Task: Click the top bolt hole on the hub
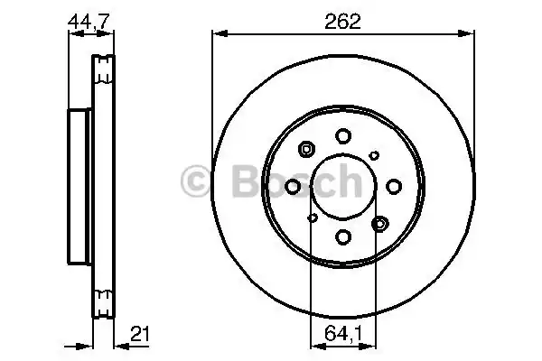pyautogui.click(x=343, y=136)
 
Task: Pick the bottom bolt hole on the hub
pyautogui.click(x=343, y=236)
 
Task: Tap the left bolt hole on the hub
pyautogui.click(x=293, y=186)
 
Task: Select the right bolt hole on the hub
pyautogui.click(x=394, y=186)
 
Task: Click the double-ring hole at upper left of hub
pyautogui.click(x=307, y=150)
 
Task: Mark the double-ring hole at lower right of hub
pyautogui.click(x=379, y=222)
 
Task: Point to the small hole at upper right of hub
pyautogui.click(x=374, y=155)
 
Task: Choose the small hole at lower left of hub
pyautogui.click(x=313, y=218)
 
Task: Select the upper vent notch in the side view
pyautogui.click(x=104, y=69)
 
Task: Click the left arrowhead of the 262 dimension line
pyautogui.click(x=216, y=34)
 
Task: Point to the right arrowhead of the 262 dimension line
pyautogui.click(x=471, y=34)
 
